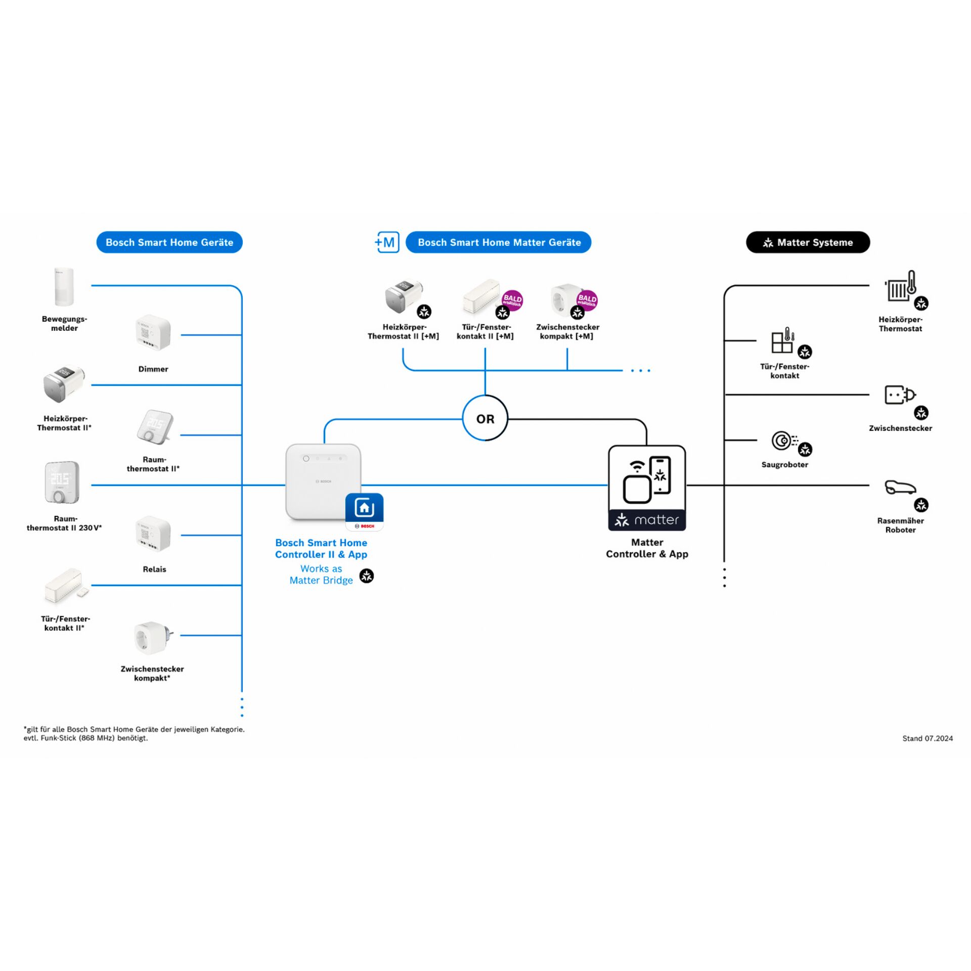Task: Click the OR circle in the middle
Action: (x=485, y=418)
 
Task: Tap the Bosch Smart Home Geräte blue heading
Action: (x=169, y=242)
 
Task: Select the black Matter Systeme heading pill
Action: (x=808, y=242)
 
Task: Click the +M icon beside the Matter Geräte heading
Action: (x=387, y=242)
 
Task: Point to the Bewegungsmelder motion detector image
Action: (x=64, y=287)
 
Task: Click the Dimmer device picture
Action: (x=153, y=333)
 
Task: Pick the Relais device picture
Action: (x=153, y=534)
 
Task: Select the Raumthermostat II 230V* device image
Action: (x=62, y=482)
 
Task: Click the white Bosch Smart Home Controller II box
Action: (x=323, y=482)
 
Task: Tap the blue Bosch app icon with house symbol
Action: (x=364, y=512)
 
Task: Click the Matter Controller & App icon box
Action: (x=647, y=488)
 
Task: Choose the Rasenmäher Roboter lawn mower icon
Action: (x=900, y=488)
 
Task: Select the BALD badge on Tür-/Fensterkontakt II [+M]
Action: (x=512, y=300)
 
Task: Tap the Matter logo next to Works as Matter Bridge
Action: (x=367, y=576)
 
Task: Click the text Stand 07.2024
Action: (x=928, y=738)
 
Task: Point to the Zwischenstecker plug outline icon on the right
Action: (x=900, y=395)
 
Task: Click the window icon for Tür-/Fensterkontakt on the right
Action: (x=782, y=340)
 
